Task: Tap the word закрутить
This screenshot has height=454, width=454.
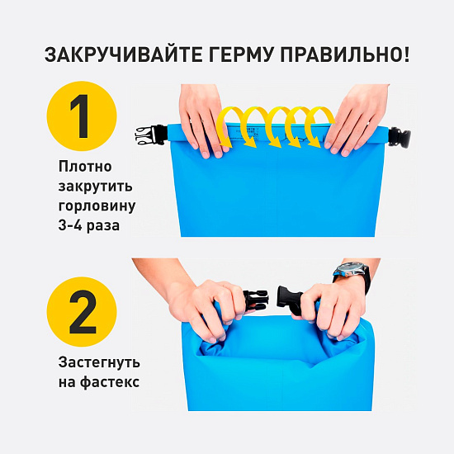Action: click(94, 186)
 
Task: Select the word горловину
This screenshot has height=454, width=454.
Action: click(97, 205)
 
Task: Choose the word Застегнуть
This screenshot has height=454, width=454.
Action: click(99, 362)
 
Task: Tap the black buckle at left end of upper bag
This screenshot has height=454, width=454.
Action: click(149, 135)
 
